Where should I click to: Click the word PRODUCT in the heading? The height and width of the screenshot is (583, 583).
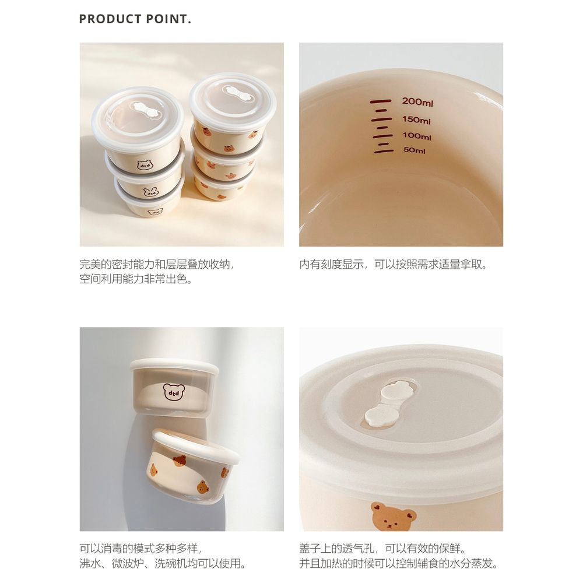(x=110, y=19)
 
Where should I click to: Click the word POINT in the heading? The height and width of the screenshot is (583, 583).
(x=167, y=19)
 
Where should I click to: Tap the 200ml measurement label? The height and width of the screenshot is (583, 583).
(x=417, y=102)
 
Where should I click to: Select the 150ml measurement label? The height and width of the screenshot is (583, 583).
(x=416, y=120)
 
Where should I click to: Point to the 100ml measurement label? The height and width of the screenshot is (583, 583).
(x=417, y=136)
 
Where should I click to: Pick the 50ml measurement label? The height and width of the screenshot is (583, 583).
(x=414, y=150)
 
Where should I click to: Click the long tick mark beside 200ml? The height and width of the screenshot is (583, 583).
(x=380, y=101)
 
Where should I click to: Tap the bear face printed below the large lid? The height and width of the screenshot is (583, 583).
(x=394, y=516)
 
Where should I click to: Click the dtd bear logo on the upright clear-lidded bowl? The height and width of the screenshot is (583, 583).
(x=174, y=392)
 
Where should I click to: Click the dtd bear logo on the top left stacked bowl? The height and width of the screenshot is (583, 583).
(x=144, y=164)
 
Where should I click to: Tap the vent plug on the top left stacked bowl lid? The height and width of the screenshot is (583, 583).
(x=144, y=108)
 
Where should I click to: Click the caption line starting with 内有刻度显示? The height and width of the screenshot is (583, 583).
(x=394, y=265)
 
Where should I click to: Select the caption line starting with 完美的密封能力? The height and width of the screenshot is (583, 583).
(x=157, y=265)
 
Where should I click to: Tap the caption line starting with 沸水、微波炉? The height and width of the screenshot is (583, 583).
(x=163, y=564)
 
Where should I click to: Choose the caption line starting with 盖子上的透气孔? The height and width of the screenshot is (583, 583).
(x=382, y=549)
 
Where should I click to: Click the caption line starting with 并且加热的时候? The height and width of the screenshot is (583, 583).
(x=399, y=564)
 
